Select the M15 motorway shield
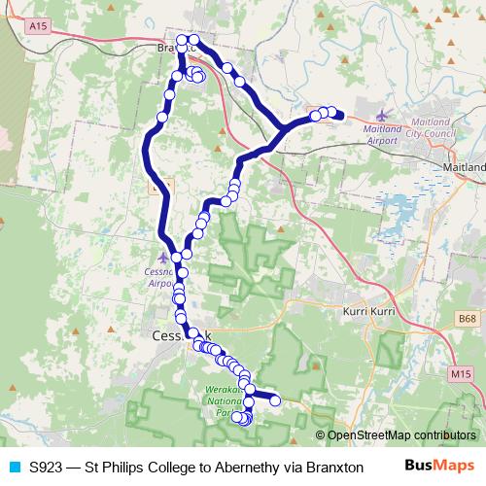tap(460, 372)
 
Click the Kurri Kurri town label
tap(368, 311)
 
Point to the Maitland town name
tap(462, 166)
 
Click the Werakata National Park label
tap(227, 400)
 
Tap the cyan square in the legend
tap(14, 467)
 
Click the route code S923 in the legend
tap(49, 467)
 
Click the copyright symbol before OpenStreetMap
tap(321, 435)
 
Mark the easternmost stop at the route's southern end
tap(275, 399)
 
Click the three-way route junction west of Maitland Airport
tap(282, 128)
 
